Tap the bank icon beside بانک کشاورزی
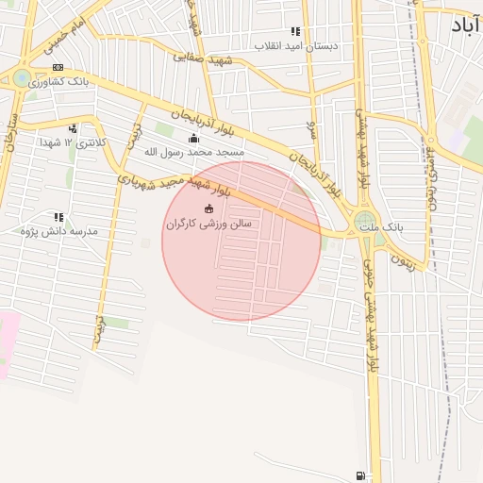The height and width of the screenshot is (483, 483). [x=58, y=68]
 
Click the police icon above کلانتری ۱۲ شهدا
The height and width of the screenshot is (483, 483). [x=73, y=128]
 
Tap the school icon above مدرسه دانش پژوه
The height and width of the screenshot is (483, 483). [x=58, y=217]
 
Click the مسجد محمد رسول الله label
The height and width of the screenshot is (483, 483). [x=194, y=151]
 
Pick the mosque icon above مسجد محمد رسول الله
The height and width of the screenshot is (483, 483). [x=194, y=137]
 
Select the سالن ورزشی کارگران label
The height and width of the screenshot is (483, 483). [x=208, y=224]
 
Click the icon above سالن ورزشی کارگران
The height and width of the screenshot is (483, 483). [x=208, y=208]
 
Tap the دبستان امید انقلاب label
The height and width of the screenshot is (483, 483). [x=296, y=45]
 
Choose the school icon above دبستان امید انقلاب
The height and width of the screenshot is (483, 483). [x=295, y=31]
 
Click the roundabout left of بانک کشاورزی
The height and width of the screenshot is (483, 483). [x=22, y=78]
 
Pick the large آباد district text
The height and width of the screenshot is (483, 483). [x=457, y=26]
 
